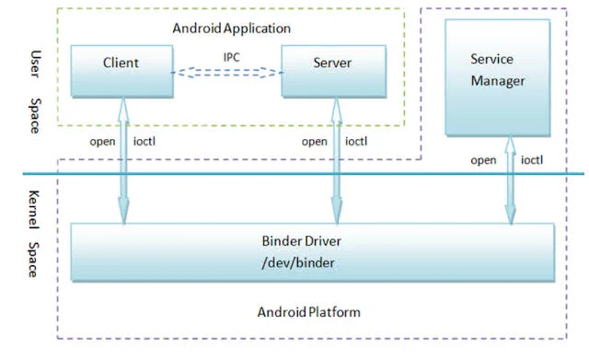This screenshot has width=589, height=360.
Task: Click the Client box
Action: point(122,72)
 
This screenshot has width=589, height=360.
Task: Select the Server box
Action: point(333,72)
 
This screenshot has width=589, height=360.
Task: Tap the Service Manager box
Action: point(498,77)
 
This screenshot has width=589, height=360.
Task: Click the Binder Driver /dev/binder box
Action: point(313,252)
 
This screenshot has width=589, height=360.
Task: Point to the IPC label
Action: point(231,57)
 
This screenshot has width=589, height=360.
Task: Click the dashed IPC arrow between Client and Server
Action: point(227,73)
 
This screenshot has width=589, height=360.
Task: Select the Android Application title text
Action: point(231,29)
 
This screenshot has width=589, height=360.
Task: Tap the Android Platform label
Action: point(309,312)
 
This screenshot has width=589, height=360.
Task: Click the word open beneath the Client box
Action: point(102,142)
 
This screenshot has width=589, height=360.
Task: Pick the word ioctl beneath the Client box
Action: point(144,141)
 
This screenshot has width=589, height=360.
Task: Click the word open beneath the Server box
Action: point(315,142)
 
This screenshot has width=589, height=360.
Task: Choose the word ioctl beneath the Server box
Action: point(356,141)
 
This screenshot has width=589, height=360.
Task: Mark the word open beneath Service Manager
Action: point(483,160)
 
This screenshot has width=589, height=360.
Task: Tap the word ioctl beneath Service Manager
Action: point(532,159)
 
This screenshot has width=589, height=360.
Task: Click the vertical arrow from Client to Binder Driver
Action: point(123,161)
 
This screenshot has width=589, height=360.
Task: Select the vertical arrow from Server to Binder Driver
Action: point(337,161)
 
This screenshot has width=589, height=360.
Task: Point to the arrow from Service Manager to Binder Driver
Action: point(510,180)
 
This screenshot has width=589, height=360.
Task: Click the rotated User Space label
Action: point(35,92)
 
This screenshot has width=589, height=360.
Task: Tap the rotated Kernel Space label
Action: point(34,234)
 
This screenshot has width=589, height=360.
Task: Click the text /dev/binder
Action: point(298,262)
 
